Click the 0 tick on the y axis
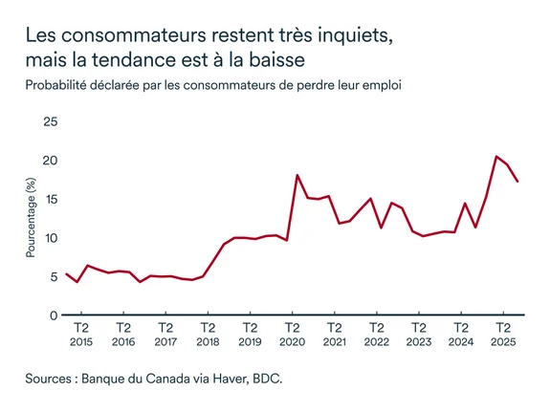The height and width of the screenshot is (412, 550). point(55,314)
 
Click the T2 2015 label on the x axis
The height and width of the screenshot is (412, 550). point(81,334)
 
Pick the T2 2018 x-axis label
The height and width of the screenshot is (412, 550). point(207,334)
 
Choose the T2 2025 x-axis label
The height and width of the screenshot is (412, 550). point(501,334)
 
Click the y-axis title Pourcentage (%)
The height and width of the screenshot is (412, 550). point(31,219)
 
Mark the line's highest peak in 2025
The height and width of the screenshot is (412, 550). point(496,156)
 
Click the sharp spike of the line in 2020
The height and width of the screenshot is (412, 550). point(297,175)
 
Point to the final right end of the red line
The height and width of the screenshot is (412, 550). point(517,182)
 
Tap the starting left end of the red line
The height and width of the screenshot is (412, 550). point(66,273)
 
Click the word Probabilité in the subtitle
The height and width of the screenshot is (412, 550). point(60,85)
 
